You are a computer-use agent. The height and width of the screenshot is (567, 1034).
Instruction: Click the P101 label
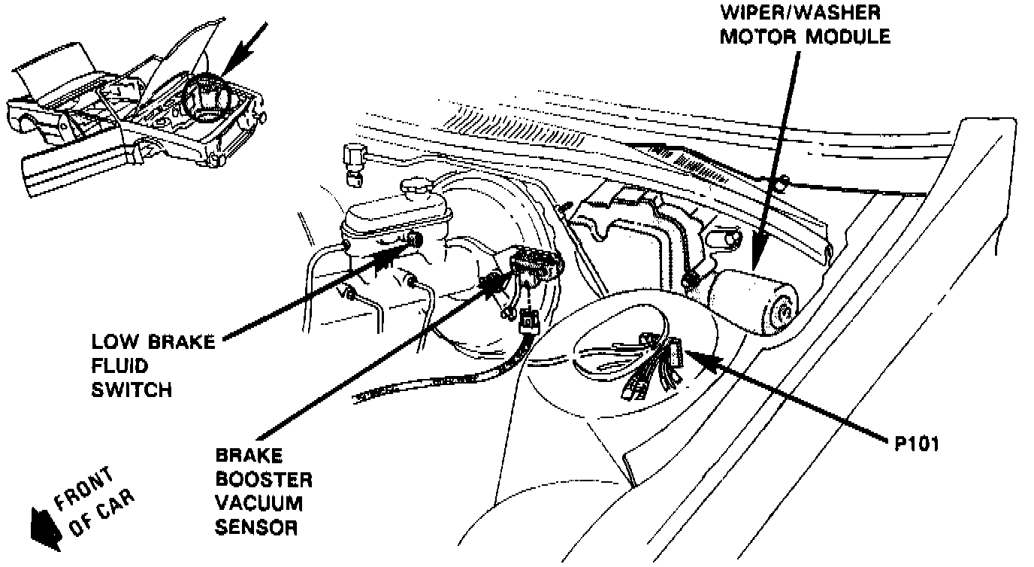pos(917,444)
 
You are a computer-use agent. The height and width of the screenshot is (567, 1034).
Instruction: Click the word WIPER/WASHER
pos(801,14)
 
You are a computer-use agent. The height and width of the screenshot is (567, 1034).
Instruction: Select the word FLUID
pos(119,365)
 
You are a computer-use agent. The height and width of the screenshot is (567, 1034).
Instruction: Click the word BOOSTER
pos(263,479)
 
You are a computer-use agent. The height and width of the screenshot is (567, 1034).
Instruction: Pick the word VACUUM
pos(258,503)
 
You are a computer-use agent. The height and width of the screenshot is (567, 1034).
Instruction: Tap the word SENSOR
pos(256,527)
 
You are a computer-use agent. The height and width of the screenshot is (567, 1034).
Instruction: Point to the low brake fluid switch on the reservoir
pos(414,240)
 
